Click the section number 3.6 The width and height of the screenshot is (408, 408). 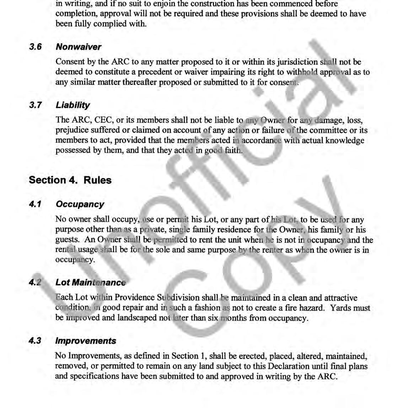coord(35,47)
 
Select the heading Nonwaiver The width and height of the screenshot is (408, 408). coord(78,47)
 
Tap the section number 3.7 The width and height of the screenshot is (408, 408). coord(35,105)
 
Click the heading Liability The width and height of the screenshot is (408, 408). coord(73,105)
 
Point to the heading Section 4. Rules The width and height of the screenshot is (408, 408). coord(70,180)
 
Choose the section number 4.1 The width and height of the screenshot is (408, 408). coord(35,204)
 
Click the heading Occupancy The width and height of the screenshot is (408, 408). coord(80,204)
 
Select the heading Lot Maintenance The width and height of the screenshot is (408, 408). coord(90,283)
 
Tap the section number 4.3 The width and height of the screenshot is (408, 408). coord(35,341)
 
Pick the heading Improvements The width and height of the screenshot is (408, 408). coord(85,341)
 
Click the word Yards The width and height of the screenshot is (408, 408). coord(340,308)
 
